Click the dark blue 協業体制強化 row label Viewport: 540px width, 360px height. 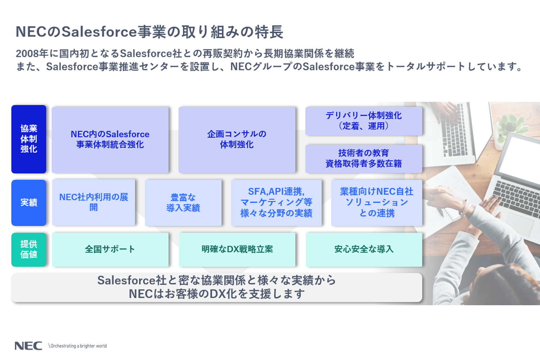click(x=29, y=139)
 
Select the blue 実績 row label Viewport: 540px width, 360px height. click(x=29, y=203)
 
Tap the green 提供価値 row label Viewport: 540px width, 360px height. click(x=29, y=249)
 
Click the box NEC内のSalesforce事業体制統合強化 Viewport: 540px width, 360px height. click(x=110, y=139)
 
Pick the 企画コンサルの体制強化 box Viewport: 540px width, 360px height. click(x=237, y=139)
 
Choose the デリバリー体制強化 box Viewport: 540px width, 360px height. click(x=364, y=121)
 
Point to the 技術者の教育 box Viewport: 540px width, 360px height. click(x=364, y=158)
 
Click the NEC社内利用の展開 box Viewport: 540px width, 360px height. click(x=94, y=202)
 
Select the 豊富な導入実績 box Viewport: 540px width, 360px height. click(x=183, y=203)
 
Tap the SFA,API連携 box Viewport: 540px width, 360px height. click(x=276, y=203)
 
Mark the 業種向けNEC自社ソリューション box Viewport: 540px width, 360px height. click(x=377, y=203)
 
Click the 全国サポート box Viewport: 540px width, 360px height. click(x=110, y=249)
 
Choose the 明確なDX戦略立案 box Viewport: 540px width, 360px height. click(x=237, y=249)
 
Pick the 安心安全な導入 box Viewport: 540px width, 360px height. click(x=364, y=249)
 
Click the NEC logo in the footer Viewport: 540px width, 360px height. click(x=28, y=346)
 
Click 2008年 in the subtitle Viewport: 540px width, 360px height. click(x=32, y=54)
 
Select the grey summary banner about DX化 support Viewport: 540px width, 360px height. click(x=217, y=287)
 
